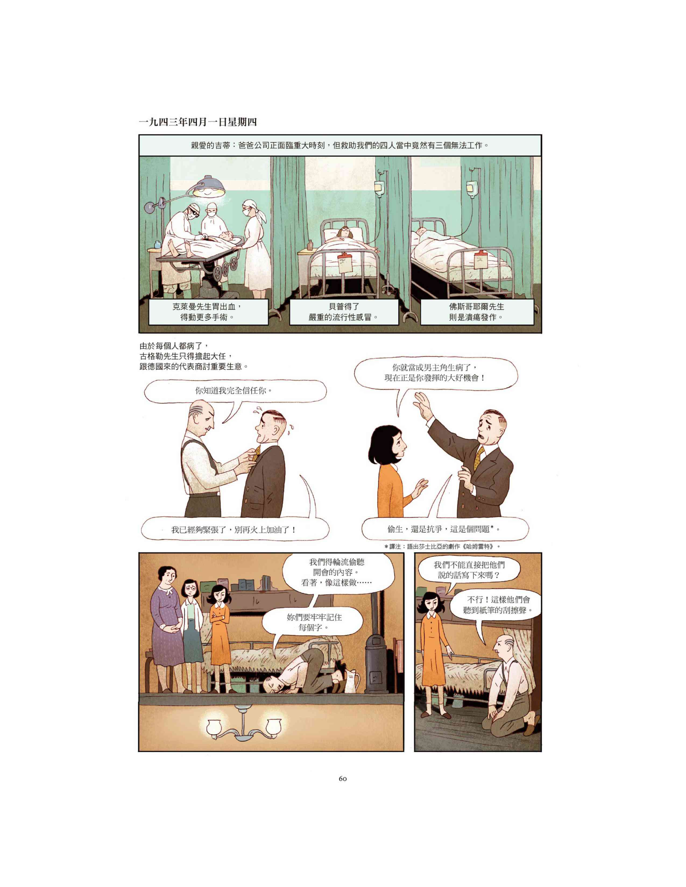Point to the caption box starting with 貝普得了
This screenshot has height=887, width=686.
point(344,312)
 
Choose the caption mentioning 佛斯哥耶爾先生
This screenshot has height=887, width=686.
point(477,312)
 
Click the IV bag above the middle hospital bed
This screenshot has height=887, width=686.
point(379,188)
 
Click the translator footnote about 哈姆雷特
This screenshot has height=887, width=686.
point(442,547)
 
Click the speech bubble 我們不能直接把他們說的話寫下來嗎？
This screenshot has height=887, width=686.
point(469,570)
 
